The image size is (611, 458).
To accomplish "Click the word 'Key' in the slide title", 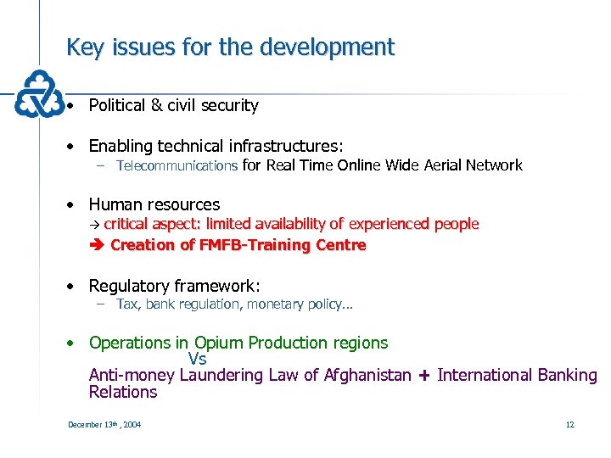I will (85, 47).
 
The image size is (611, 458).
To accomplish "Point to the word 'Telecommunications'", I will (177, 166).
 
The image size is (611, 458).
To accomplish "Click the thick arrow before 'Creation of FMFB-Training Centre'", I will (95, 246).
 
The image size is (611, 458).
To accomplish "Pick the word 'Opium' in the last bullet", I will (218, 343).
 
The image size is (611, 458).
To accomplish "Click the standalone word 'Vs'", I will (197, 359).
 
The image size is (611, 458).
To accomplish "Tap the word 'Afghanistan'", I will (367, 375).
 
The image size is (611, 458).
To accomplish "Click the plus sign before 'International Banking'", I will (424, 376).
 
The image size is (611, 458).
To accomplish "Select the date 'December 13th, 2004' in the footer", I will (104, 424).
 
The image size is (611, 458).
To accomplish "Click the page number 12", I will (569, 424).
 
